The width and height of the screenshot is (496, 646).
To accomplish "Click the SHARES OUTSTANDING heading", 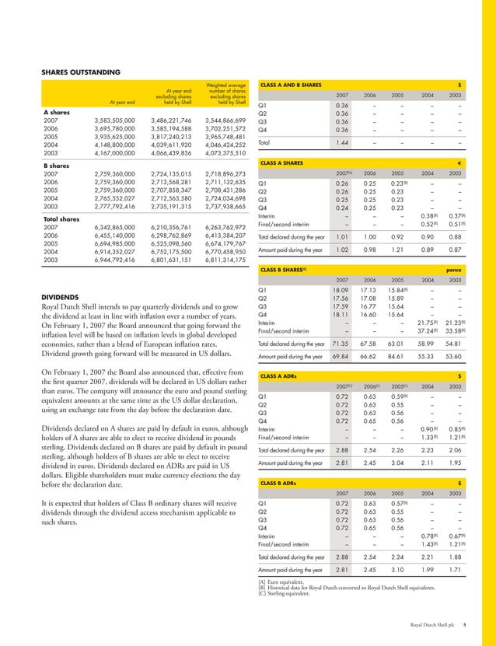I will (x=80, y=72).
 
